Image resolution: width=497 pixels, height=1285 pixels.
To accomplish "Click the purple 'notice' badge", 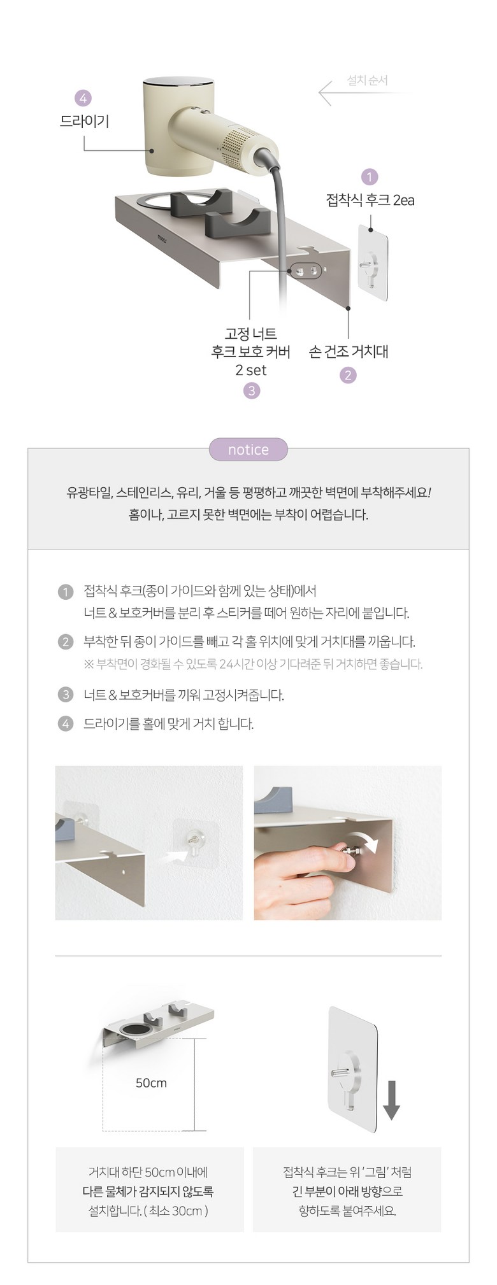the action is (x=248, y=450).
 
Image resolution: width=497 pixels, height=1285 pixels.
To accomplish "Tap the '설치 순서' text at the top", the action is (x=368, y=80).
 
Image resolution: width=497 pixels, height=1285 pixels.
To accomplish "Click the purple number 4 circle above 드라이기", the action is (x=83, y=98).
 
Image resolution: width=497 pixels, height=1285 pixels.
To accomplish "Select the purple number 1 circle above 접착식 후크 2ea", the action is (x=369, y=176).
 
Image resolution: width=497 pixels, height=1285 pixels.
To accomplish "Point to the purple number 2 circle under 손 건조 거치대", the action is (x=348, y=375).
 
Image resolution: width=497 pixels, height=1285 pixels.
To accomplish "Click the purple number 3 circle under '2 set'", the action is (x=252, y=390).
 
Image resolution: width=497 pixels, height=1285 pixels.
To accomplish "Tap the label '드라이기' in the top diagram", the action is (x=84, y=121).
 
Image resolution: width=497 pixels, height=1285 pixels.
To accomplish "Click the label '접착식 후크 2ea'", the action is (x=370, y=200).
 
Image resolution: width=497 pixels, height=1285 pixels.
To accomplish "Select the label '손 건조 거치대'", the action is (x=349, y=351).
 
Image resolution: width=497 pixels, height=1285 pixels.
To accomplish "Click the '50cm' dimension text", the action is (x=151, y=1083).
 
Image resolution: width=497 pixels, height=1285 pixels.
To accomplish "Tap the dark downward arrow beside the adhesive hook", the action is (x=391, y=1100).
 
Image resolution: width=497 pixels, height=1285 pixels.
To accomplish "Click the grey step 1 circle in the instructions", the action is (x=66, y=592).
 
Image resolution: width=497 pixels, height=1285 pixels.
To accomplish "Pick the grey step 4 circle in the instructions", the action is (x=66, y=724).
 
